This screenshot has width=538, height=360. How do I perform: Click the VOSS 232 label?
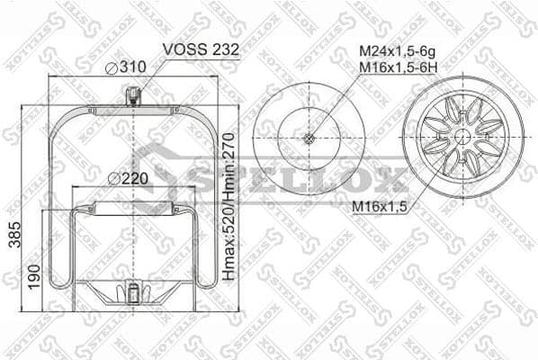[201, 50]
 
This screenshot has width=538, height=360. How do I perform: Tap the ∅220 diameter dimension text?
[127, 177]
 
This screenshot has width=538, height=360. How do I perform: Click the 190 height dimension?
[33, 273]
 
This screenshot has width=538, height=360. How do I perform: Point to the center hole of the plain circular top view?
[309, 139]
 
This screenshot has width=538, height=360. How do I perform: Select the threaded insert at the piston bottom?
[133, 293]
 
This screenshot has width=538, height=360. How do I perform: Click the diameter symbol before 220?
[113, 177]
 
